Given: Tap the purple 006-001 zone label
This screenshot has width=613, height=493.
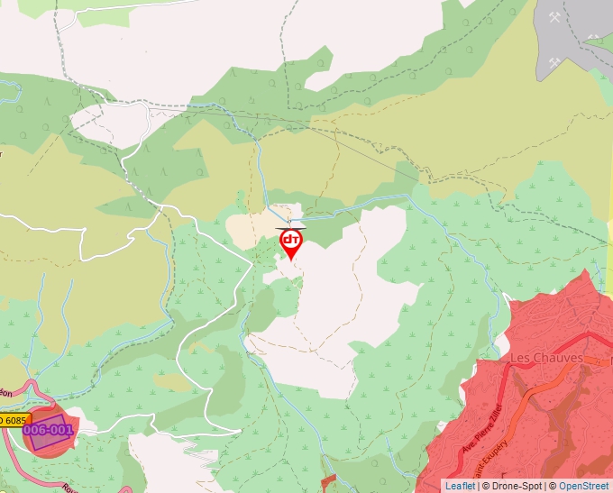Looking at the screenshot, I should pos(48,430).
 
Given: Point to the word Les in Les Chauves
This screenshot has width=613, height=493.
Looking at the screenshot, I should pos(521,358).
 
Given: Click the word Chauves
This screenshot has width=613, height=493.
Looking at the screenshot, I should pos(560,358).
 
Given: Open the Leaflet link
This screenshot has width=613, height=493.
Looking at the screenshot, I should pos(461,486).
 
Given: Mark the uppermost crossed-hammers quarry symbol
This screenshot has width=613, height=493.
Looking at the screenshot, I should pos(555,18).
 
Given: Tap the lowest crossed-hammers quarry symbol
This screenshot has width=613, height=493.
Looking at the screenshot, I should pos(556,62).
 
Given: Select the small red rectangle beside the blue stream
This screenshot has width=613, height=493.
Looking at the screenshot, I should pos(328,481).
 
